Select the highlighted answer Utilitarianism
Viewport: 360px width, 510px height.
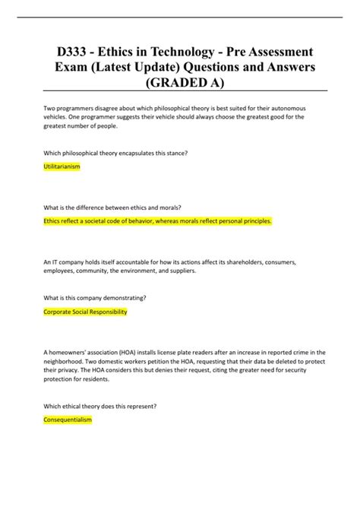[62, 166]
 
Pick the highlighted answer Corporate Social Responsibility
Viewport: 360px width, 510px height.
[85, 312]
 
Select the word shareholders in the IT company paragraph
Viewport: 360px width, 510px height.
[241, 261]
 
